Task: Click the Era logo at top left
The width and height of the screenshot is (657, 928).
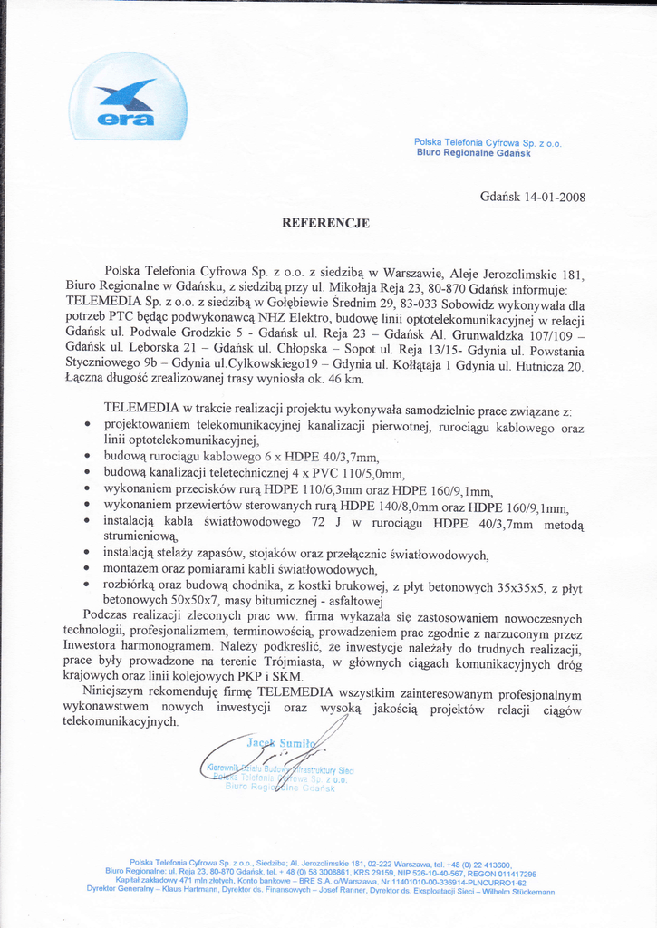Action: [x=129, y=98]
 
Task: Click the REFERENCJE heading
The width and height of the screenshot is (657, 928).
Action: [x=325, y=222]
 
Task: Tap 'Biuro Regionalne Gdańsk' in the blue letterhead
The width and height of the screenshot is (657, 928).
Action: [x=473, y=153]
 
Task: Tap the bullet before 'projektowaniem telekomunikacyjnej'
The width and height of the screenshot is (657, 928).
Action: [x=86, y=424]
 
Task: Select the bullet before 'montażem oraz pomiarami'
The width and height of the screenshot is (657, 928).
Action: [x=86, y=570]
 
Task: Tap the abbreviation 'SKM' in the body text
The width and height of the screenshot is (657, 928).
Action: [x=292, y=677]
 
